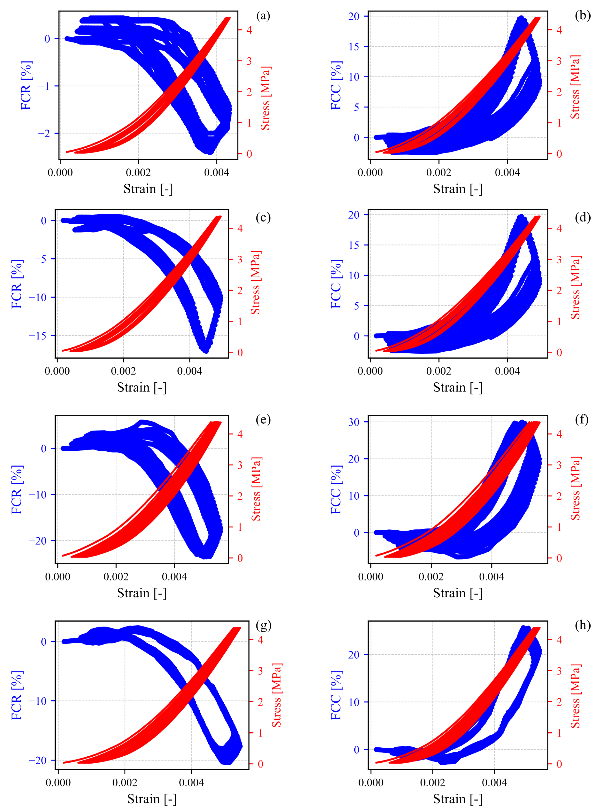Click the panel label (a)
point(263,16)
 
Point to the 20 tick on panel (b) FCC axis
point(354,16)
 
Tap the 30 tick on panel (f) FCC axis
point(354,422)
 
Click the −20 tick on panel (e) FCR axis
point(38,541)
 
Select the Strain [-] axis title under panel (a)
point(148,189)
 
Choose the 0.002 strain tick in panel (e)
point(116,577)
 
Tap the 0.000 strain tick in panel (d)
point(370,371)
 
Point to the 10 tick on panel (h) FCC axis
point(354,702)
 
